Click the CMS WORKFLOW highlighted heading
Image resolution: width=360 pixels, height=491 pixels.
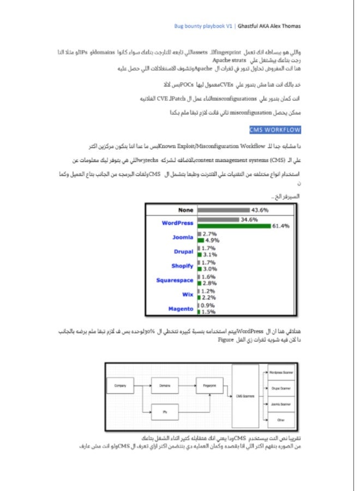(x=274, y=130)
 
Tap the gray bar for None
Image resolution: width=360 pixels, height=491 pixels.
(x=223, y=210)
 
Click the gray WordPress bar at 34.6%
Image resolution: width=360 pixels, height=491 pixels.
(x=218, y=220)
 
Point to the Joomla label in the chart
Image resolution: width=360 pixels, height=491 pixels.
(x=183, y=237)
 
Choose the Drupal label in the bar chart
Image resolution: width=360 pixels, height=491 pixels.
(x=184, y=252)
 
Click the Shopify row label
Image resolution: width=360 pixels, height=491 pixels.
(x=182, y=266)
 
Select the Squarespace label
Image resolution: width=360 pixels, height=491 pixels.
(x=175, y=280)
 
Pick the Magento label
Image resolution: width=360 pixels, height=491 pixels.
(x=181, y=309)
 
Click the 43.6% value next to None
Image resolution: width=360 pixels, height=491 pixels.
(x=260, y=210)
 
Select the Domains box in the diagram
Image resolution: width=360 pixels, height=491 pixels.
(x=165, y=385)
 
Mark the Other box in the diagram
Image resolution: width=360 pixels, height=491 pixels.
(x=281, y=420)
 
